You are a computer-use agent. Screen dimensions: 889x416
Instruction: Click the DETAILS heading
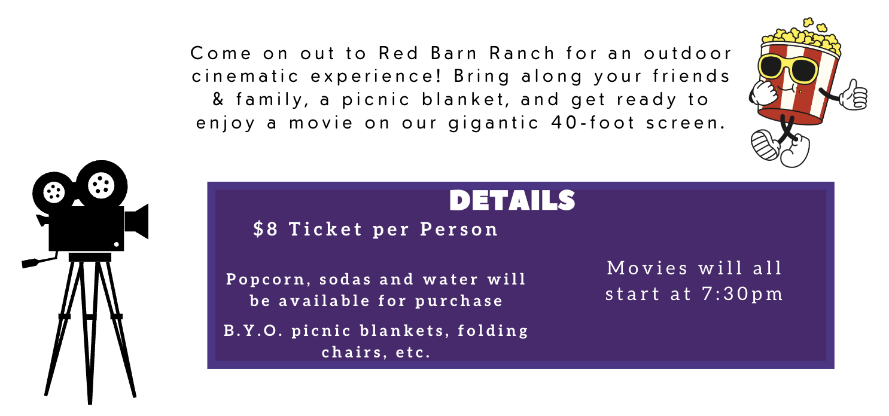[x=512, y=200]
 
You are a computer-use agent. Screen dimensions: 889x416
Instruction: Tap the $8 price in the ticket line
[x=266, y=229]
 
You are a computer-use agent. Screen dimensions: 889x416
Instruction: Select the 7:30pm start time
[x=742, y=294]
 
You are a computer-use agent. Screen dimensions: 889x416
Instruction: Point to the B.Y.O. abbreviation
[x=253, y=331]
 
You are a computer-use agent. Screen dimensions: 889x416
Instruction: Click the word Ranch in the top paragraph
[x=522, y=53]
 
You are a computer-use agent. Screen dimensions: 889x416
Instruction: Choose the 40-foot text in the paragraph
[x=593, y=123]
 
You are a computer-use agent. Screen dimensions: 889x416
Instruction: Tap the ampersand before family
[x=218, y=99]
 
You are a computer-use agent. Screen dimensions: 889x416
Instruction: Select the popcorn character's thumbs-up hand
[x=853, y=95]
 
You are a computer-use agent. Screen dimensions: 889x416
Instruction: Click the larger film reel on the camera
[x=102, y=185]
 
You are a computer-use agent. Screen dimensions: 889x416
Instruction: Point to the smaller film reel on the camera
[x=54, y=192]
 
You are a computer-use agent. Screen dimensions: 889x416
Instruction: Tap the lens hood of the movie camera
[x=137, y=221]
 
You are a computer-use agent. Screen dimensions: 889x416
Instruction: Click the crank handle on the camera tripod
[x=39, y=261]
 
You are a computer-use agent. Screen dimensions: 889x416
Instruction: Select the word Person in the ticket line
[x=459, y=229]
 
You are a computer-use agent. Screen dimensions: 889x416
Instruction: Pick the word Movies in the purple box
[x=647, y=268]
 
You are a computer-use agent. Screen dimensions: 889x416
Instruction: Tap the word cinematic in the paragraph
[x=245, y=76]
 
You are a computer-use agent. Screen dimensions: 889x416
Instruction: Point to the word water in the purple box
[x=450, y=280]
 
